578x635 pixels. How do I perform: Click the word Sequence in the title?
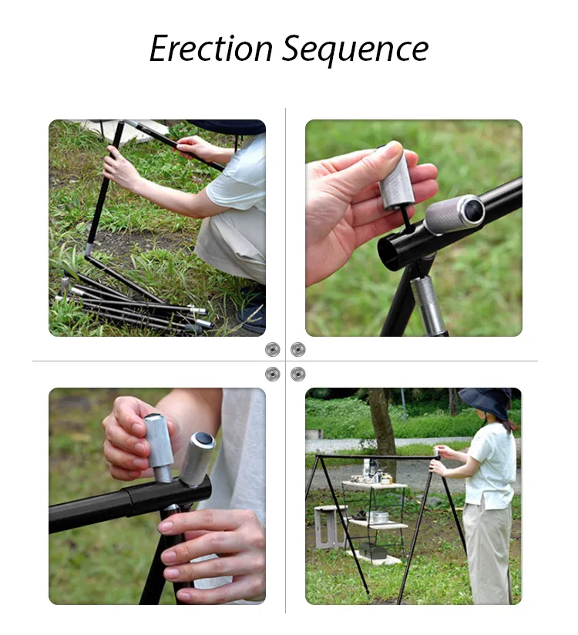[355, 50]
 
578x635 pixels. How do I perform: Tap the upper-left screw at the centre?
[272, 350]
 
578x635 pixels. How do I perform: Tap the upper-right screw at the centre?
[298, 350]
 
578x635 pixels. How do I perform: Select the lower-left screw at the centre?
[272, 375]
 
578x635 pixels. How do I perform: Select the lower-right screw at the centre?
[298, 375]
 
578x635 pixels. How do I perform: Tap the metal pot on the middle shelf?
[378, 516]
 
